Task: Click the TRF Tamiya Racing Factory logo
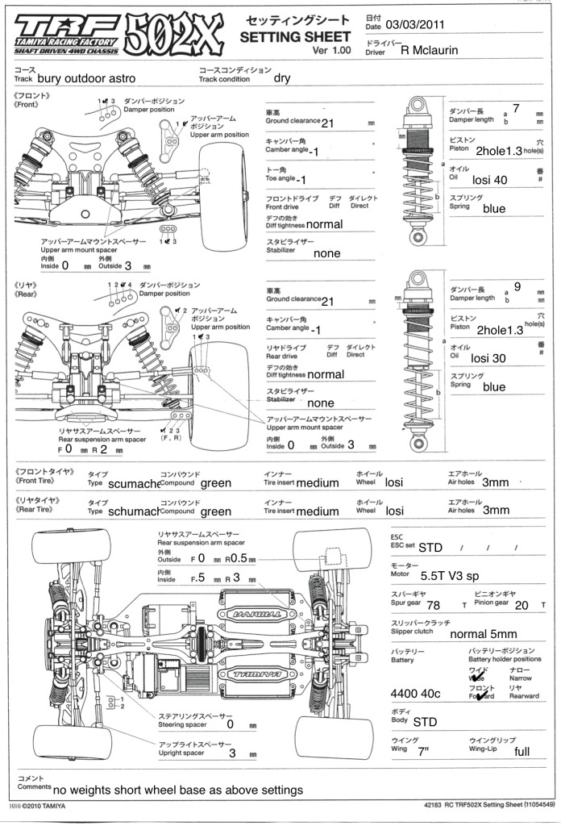[x=66, y=33]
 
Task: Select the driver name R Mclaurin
[x=440, y=50]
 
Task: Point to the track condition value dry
[x=282, y=78]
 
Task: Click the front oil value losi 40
[x=489, y=180]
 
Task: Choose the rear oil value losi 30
[x=489, y=358]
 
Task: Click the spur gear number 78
[x=432, y=605]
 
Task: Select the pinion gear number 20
[x=522, y=605]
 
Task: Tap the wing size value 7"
[x=424, y=752]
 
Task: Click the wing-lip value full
[x=522, y=752]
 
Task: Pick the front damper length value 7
[x=516, y=108]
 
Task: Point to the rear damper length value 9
[x=517, y=286]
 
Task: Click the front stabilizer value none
[x=327, y=252]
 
